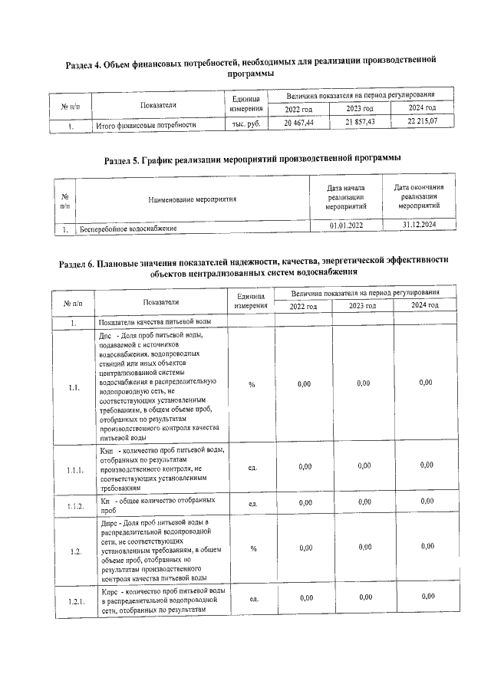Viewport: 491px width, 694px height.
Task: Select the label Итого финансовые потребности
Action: pos(146,124)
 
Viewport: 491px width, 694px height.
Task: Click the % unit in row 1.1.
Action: pos(252,384)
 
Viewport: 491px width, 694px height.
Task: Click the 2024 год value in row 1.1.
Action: pos(426,383)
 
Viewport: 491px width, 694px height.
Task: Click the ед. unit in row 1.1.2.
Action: pos(252,503)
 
